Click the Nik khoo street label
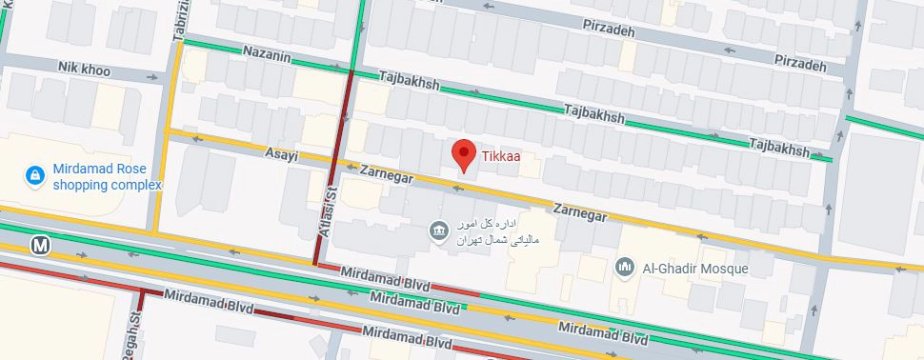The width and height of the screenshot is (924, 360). (84, 70)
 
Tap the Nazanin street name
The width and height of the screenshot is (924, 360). (266, 54)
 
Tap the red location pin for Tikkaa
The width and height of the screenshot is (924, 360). (464, 155)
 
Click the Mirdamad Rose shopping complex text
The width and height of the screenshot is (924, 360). (108, 175)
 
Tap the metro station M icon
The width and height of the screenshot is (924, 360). (40, 246)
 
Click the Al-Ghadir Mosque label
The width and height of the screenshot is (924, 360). (696, 268)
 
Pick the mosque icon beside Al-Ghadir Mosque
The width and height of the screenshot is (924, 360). (627, 268)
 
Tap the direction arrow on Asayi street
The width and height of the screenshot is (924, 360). (197, 138)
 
